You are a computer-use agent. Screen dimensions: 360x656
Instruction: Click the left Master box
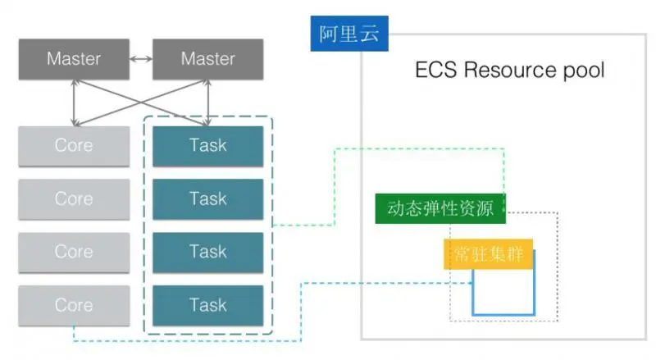point(74,59)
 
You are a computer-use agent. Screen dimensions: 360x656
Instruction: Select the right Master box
point(207,59)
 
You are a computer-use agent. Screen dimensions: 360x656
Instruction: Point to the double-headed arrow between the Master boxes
point(141,59)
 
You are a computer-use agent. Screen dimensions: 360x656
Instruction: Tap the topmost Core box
point(74,146)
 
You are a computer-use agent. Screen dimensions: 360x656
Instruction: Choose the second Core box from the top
point(74,198)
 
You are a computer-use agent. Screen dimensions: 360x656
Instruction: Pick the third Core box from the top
point(74,252)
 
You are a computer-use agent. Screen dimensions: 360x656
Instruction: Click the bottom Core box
point(74,305)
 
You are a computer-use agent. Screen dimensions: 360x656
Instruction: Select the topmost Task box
point(207,146)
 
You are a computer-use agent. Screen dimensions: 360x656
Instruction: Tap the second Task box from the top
point(207,198)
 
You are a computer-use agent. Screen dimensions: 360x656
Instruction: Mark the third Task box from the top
point(207,252)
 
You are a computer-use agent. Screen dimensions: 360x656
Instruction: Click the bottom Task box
point(207,305)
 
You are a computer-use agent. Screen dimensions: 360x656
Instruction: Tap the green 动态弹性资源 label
point(440,208)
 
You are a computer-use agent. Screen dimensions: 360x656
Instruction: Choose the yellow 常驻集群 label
point(488,254)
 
